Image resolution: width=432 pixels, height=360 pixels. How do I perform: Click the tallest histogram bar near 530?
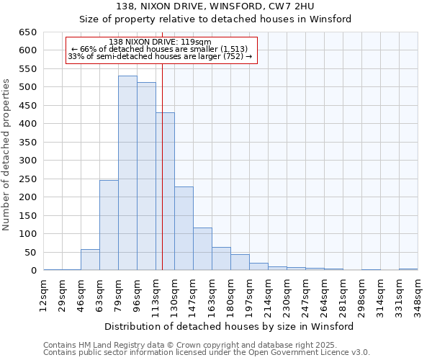(127, 173)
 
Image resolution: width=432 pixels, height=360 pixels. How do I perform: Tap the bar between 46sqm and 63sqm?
(90, 260)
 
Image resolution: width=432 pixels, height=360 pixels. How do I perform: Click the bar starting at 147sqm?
(202, 249)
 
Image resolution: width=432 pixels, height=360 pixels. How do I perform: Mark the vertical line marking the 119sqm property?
(163, 180)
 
